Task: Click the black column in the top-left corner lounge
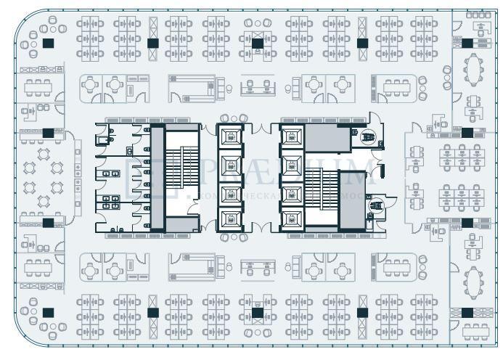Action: pos(48,43)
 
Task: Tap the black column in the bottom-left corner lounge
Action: pos(48,313)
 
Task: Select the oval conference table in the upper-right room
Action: pos(474,70)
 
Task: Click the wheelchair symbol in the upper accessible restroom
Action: pos(368,135)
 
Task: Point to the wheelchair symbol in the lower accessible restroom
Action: pos(375,208)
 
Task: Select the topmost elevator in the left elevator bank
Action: pos(230,136)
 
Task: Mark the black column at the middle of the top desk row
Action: pos(257,43)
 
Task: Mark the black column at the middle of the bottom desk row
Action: pos(257,313)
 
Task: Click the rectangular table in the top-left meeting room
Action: pos(36,88)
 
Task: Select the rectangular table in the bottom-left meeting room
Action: pos(36,268)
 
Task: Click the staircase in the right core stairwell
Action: pos(320,190)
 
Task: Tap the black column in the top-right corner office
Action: pos(467,43)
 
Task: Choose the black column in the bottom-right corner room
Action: pos(467,313)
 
